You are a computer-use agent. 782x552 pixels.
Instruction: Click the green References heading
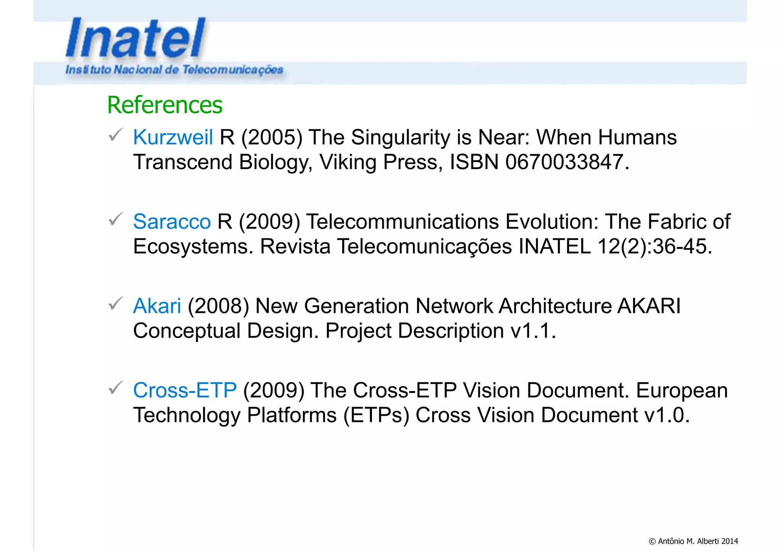[165, 105]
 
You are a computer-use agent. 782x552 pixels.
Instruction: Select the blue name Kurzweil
[173, 137]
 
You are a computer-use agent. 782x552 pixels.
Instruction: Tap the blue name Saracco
[172, 222]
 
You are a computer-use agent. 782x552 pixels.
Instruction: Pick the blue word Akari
[157, 306]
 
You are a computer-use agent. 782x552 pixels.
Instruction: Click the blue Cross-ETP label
[185, 390]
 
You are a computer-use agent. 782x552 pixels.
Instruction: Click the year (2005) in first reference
[271, 137]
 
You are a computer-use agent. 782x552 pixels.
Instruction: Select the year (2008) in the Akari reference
[218, 306]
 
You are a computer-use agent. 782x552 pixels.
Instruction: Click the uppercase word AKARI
[649, 306]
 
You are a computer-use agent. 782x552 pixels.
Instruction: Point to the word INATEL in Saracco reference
[554, 246]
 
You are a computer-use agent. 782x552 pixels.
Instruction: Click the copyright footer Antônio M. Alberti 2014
[693, 541]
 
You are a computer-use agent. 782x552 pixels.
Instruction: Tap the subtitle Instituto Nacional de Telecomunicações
[174, 70]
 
